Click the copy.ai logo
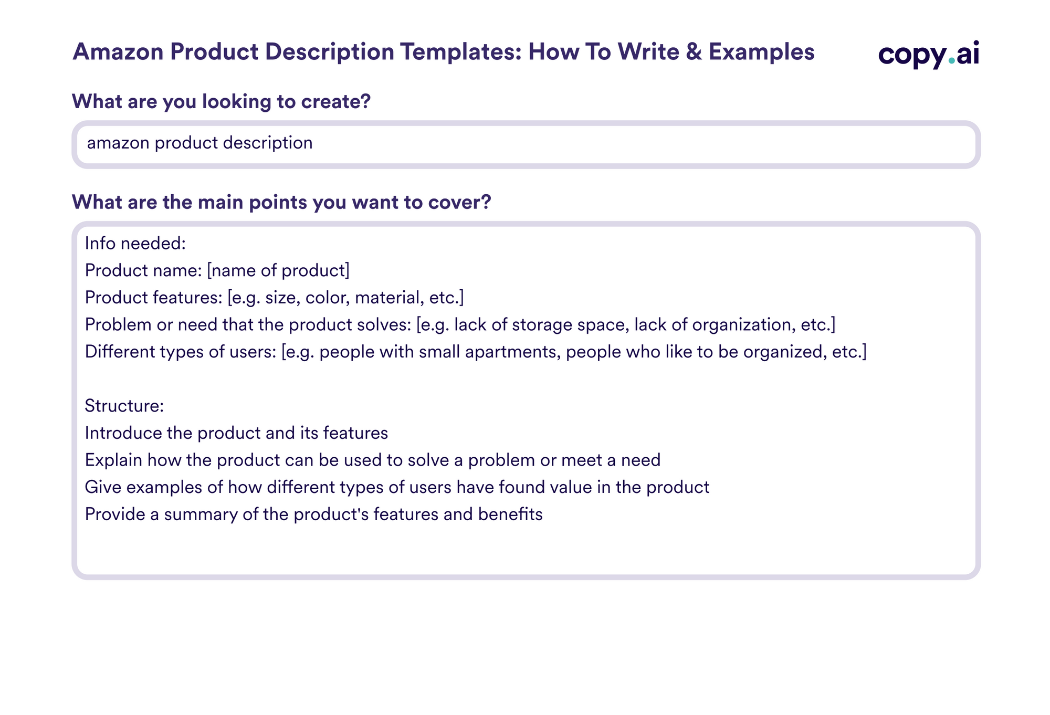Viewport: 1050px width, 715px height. pos(928,54)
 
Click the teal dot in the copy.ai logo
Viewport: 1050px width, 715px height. pos(952,61)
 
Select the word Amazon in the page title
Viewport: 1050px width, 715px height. pos(118,52)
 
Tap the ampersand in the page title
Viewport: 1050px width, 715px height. pos(694,52)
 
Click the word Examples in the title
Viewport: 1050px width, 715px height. pos(761,52)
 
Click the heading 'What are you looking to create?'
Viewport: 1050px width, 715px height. pos(221,101)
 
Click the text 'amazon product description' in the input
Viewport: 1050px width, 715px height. pos(199,143)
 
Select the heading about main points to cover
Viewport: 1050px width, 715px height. pos(281,202)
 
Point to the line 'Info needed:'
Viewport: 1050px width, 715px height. pos(135,244)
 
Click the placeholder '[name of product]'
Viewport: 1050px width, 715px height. pos(278,270)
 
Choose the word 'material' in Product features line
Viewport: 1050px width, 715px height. pos(389,298)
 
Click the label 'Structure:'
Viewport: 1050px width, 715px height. pos(124,406)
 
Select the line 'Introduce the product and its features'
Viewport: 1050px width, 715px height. pos(236,433)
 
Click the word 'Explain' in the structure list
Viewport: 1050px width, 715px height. pos(113,460)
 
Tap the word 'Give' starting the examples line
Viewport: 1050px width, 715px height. pos(103,487)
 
